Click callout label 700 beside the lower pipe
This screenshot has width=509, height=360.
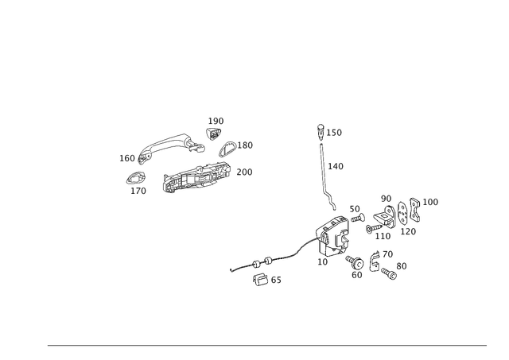click(244, 172)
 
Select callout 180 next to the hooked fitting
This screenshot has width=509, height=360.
click(246, 145)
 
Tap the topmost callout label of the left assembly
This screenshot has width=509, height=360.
click(216, 120)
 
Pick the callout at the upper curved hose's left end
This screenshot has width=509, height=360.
click(126, 158)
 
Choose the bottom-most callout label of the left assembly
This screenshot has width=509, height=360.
click(138, 191)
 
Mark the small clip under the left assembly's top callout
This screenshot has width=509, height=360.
click(212, 133)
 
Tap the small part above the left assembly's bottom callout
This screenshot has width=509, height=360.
click(137, 178)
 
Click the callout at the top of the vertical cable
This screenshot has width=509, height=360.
click(335, 133)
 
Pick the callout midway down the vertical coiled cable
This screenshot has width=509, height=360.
click(336, 166)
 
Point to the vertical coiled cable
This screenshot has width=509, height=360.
click(324, 171)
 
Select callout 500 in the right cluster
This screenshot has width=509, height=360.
click(387, 197)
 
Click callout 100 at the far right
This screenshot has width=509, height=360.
click(431, 202)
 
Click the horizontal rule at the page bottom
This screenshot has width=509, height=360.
click(266, 344)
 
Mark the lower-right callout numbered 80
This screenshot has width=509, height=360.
click(402, 265)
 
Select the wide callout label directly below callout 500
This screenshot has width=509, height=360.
click(384, 236)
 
